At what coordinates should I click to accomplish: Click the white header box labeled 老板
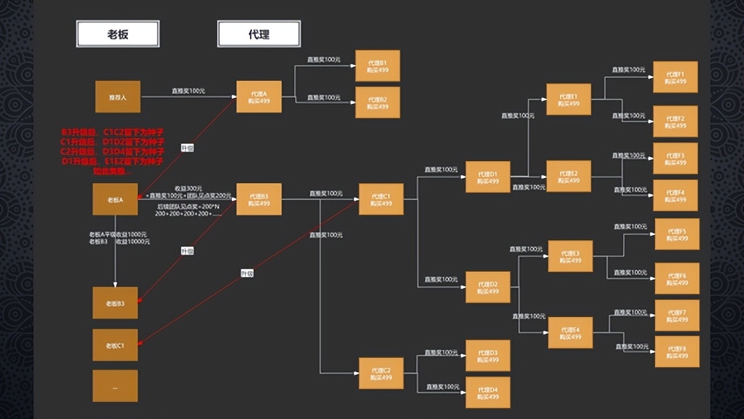117,34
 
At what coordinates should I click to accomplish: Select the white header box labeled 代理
259,34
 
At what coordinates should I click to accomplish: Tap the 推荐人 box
117,97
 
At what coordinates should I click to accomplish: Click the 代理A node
259,97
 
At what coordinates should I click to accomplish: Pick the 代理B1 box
377,66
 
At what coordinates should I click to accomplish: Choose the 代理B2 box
377,102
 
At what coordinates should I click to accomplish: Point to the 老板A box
115,200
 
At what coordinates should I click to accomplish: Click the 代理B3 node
259,200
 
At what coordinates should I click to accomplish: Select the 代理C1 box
381,200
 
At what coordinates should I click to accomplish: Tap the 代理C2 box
381,374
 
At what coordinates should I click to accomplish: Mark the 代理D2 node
488,287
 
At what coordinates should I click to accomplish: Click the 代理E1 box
568,100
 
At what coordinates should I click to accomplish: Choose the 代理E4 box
570,333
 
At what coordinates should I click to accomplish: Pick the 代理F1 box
675,77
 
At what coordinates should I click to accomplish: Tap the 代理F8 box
677,351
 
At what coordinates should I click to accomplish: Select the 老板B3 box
115,303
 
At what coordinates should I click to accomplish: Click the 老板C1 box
115,345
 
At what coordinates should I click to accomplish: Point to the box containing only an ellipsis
115,386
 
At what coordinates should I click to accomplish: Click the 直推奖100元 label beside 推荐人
188,91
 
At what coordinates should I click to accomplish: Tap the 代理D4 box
488,393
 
